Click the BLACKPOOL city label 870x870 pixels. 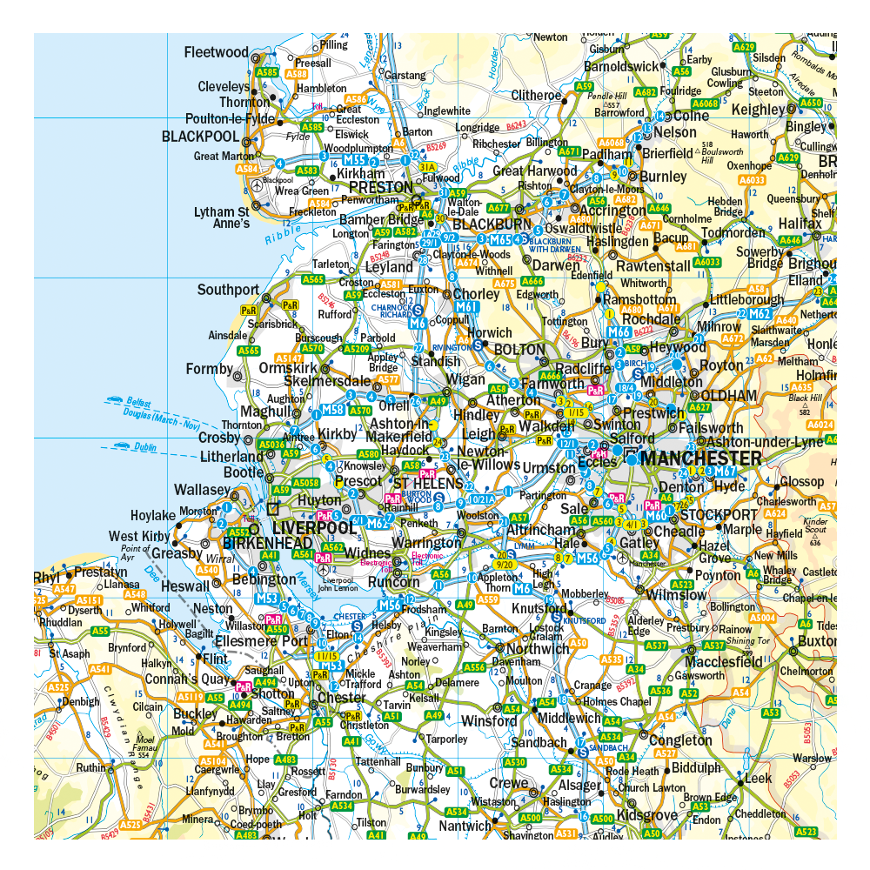[200, 137]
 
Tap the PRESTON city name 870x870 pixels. [381, 187]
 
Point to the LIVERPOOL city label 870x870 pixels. [314, 528]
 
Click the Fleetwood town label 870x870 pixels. [216, 52]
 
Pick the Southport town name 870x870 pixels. [228, 290]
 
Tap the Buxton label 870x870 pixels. [816, 640]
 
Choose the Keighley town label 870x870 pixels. [758, 110]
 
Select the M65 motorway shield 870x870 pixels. [499, 239]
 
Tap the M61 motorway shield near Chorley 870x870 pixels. [467, 307]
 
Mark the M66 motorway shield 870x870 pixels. [619, 331]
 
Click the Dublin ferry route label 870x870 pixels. [144, 447]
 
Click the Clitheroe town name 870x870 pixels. [537, 95]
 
